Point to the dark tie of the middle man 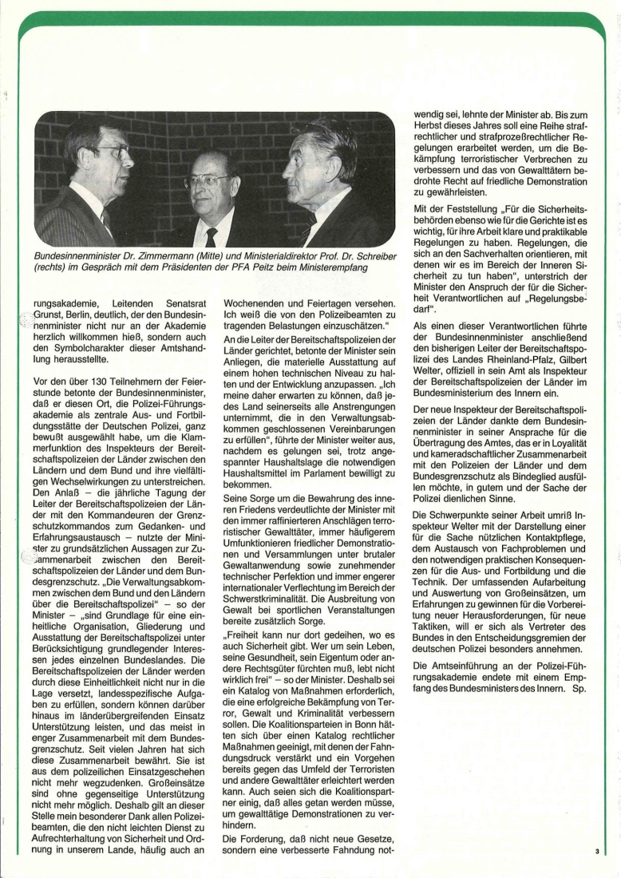[x=211, y=237]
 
